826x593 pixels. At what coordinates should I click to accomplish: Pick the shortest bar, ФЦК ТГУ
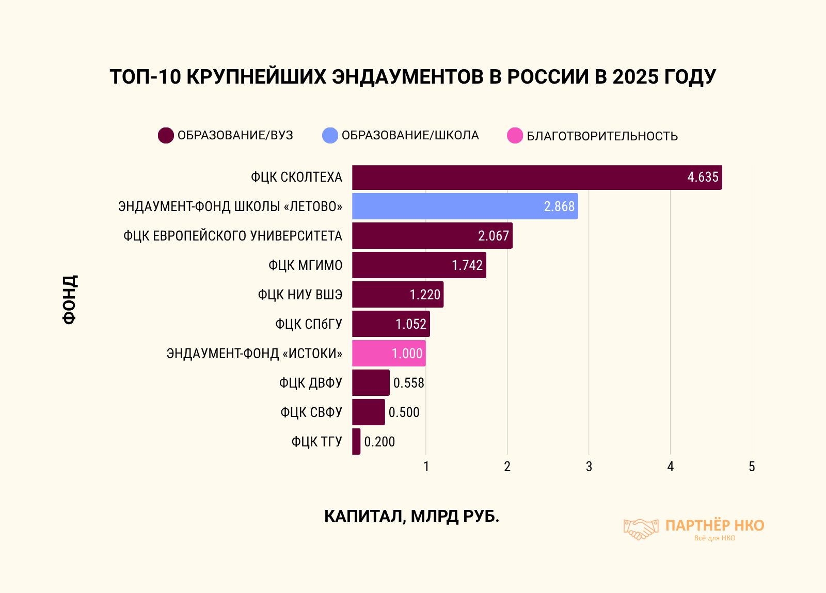pos(356,442)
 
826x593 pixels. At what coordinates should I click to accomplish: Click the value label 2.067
pos(494,236)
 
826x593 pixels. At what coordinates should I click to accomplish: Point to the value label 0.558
pos(408,383)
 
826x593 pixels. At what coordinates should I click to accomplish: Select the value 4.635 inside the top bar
pos(703,177)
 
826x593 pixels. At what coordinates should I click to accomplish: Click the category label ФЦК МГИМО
pos(305,265)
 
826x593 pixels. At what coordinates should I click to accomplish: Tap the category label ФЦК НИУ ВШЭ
pos(300,295)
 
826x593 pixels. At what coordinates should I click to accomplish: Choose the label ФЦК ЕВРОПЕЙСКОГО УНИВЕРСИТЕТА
pos(232,236)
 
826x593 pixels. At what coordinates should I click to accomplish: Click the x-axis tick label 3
pos(589,467)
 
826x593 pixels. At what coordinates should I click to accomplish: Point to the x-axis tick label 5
pos(752,467)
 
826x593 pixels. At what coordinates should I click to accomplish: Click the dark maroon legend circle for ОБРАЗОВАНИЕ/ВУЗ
pos(166,135)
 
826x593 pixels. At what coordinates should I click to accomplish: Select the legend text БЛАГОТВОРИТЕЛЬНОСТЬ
pos(602,136)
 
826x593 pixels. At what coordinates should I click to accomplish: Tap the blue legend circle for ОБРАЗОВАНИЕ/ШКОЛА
pos(330,135)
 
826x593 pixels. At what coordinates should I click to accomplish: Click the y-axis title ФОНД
pos(70,299)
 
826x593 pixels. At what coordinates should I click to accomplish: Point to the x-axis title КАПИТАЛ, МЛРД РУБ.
pos(411,516)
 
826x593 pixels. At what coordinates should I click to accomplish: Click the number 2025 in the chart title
pos(635,76)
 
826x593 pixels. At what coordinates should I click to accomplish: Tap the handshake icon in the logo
pos(641,529)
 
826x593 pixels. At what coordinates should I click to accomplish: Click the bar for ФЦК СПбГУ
pos(391,324)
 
